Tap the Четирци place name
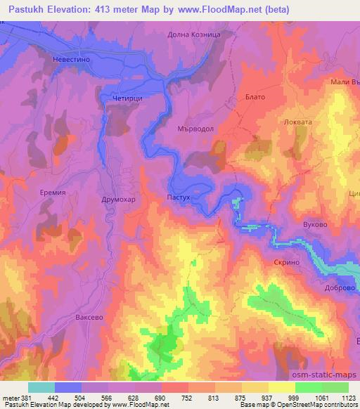127,99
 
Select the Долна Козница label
195,34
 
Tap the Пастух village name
179,198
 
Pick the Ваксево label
89,318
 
